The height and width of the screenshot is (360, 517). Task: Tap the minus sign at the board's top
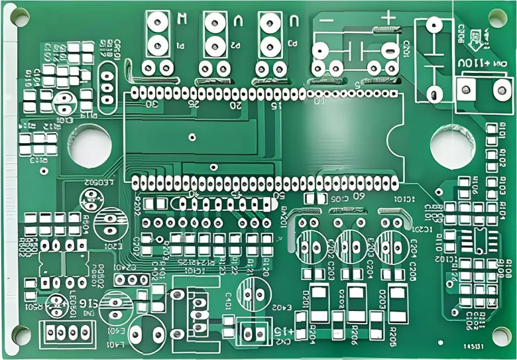pos(327,20)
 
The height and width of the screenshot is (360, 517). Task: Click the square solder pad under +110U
pos(467,88)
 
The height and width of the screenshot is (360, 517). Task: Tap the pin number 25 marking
pos(194,104)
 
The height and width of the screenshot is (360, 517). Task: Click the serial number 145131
pos(473,346)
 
